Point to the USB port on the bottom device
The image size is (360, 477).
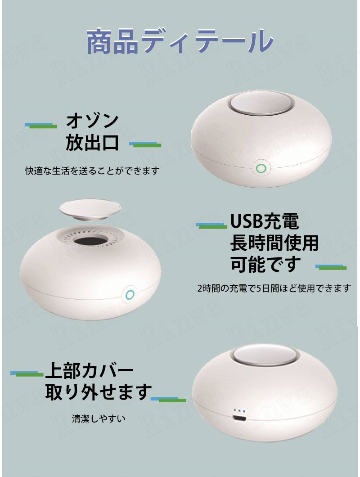[239, 418]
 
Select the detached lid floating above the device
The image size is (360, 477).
[90, 210]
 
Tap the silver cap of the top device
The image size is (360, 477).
[261, 103]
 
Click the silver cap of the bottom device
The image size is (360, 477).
[265, 355]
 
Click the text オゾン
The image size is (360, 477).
[92, 121]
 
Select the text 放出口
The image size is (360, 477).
[92, 142]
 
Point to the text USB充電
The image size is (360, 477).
[265, 221]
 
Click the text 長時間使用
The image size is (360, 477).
[274, 243]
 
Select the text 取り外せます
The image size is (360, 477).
[98, 392]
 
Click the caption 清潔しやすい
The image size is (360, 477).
[99, 419]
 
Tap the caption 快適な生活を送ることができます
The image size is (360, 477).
[93, 171]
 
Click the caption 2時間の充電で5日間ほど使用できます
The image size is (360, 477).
[274, 288]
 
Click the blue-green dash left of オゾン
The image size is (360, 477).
[41, 126]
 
